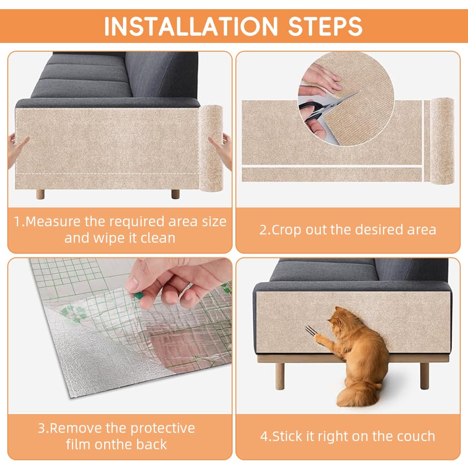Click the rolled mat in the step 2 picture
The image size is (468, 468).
[x=441, y=139]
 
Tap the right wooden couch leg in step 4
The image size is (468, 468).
[x=425, y=375]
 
